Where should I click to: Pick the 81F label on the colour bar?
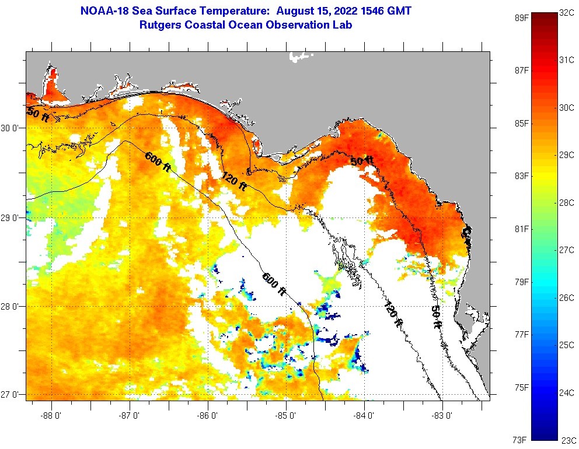click(x=521, y=229)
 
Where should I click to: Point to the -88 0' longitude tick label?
click(x=52, y=415)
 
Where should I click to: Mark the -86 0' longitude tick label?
click(x=208, y=415)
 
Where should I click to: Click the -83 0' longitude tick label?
click(x=442, y=415)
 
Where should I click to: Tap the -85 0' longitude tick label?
click(x=286, y=415)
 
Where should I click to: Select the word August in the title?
click(x=298, y=11)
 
